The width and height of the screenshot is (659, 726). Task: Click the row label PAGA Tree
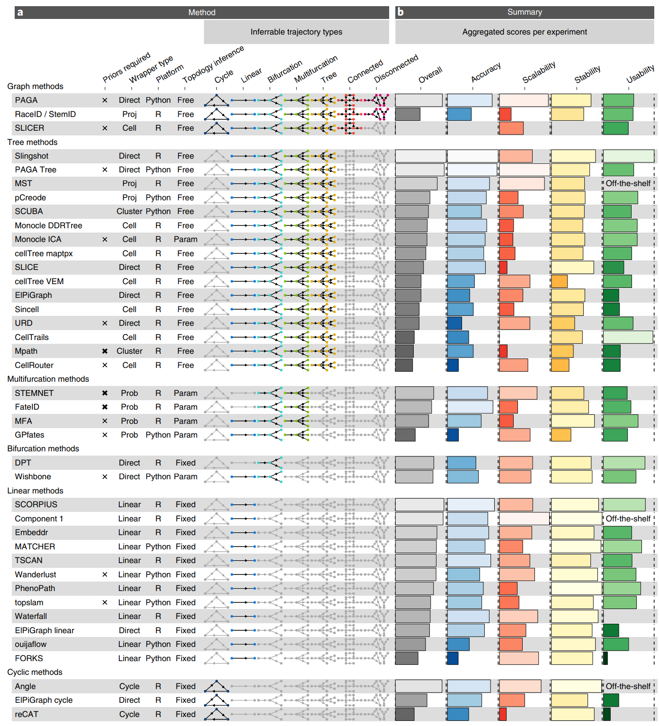click(36, 170)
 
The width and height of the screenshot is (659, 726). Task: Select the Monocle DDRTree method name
click(48, 225)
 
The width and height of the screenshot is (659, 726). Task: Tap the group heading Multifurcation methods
click(48, 379)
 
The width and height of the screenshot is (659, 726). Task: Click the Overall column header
click(430, 75)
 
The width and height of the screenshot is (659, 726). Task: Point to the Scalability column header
click(539, 72)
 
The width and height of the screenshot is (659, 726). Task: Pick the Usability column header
click(640, 74)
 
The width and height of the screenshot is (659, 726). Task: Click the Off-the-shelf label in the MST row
click(628, 183)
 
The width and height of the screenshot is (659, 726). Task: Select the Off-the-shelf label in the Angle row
click(628, 686)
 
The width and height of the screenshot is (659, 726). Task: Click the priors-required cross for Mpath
click(105, 351)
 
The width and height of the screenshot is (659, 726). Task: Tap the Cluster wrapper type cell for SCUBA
click(129, 211)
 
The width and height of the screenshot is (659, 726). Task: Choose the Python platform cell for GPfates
click(158, 435)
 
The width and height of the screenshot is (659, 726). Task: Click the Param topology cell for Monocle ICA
click(186, 239)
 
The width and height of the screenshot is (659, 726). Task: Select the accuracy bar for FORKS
click(453, 658)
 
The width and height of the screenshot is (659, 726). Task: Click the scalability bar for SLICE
click(503, 267)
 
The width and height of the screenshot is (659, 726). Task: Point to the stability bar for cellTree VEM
click(559, 281)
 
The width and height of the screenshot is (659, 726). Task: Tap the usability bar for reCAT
click(607, 714)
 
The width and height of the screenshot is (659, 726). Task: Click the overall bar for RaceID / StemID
click(408, 114)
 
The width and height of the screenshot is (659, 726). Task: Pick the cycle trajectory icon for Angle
click(216, 686)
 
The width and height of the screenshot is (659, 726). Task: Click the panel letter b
click(401, 12)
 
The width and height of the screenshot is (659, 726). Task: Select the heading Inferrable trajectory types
click(296, 32)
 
